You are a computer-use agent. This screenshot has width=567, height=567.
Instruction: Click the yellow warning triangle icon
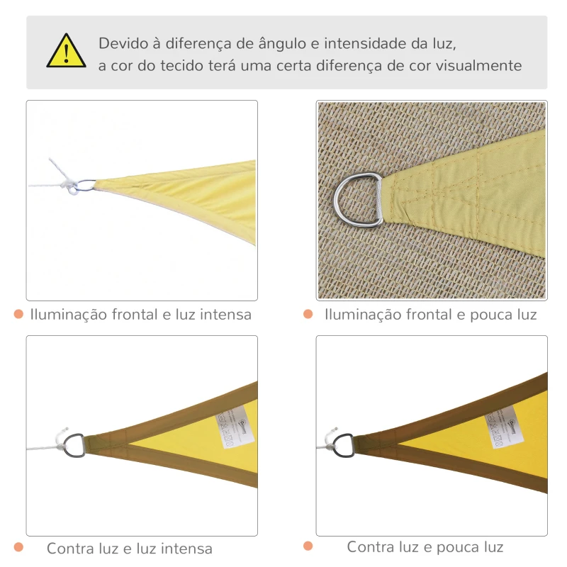66,52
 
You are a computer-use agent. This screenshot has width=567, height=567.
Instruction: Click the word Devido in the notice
121,43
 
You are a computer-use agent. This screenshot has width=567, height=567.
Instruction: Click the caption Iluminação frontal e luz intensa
140,314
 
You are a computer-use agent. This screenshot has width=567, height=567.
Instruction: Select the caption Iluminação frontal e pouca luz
430,314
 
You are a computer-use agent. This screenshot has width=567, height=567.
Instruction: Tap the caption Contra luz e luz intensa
129,549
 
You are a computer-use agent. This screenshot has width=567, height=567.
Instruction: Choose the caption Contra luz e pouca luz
425,547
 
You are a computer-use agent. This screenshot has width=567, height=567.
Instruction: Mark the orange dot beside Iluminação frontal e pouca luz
308,313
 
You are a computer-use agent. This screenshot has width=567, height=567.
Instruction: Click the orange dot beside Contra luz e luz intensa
18,547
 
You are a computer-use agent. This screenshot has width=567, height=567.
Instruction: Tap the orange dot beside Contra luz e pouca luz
308,546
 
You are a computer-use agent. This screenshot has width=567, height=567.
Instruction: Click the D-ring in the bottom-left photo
74,445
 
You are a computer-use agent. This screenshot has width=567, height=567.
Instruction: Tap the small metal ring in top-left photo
85,186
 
